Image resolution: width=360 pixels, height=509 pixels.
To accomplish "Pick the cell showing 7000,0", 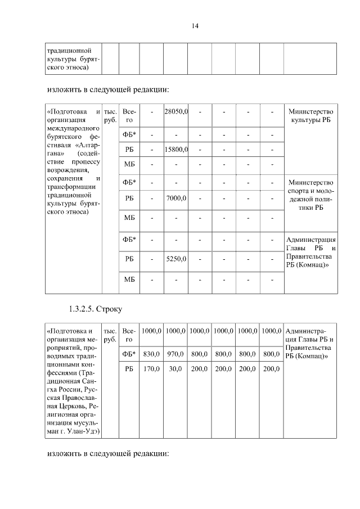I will pyautogui.click(x=175, y=199).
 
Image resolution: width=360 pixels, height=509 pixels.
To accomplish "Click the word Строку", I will pyautogui.click(x=110, y=309).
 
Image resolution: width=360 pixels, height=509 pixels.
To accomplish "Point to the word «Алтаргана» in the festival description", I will pyautogui.click(x=73, y=149).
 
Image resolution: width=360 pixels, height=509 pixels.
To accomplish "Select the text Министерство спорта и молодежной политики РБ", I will pyautogui.click(x=310, y=195).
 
